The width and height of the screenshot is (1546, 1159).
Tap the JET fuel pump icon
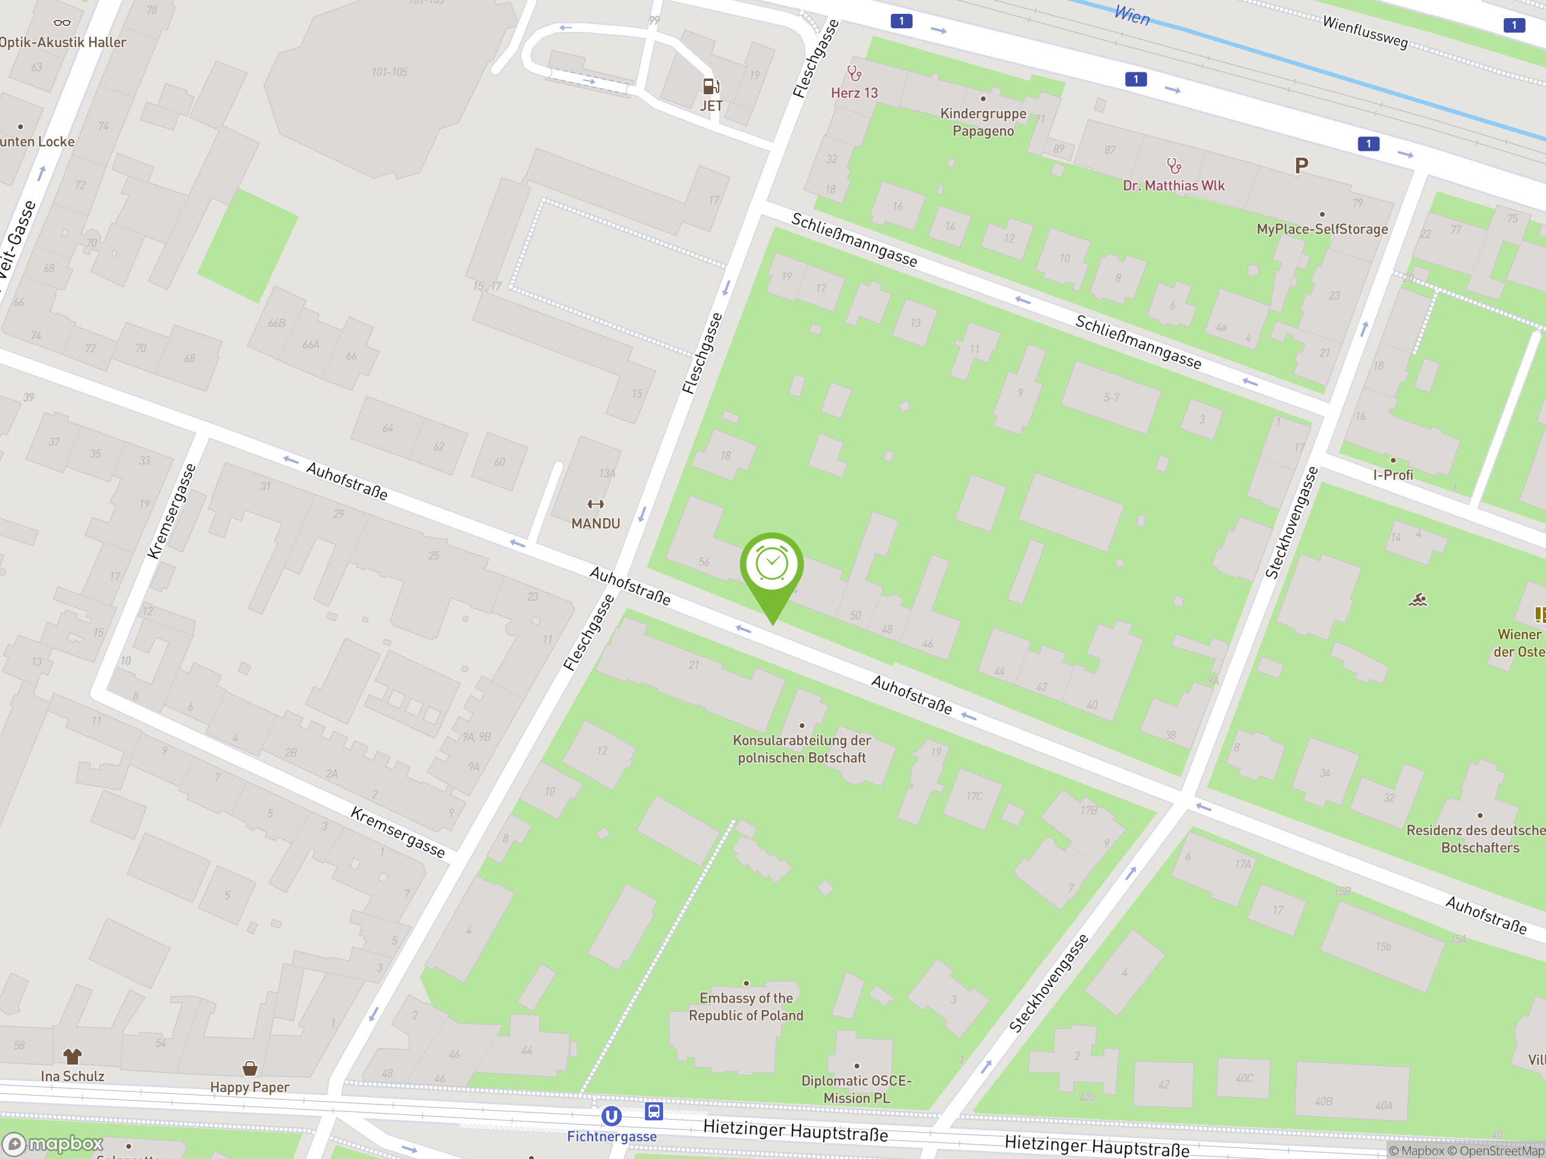click(711, 87)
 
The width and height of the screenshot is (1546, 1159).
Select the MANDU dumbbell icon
click(595, 503)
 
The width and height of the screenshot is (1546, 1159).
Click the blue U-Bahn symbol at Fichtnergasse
click(611, 1116)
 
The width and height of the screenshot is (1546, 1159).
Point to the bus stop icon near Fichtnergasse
click(653, 1111)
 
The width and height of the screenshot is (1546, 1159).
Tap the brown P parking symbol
click(1301, 166)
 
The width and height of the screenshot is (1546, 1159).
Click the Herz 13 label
click(854, 93)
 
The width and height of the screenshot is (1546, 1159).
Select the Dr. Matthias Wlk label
click(1173, 186)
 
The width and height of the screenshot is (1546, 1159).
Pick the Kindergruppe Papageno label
click(983, 123)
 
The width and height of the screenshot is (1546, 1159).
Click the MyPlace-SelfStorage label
click(1321, 229)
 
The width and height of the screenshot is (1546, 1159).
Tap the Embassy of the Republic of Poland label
click(746, 1007)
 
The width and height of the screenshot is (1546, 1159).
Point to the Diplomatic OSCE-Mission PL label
click(856, 1089)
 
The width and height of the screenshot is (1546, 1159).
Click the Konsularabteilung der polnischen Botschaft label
click(801, 749)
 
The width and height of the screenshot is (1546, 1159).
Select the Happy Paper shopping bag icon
click(249, 1069)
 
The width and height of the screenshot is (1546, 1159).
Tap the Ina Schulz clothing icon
click(72, 1056)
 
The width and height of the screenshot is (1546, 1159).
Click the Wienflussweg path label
click(1364, 32)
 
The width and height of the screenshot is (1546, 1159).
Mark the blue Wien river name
click(1132, 14)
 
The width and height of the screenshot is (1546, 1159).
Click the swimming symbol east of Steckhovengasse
click(1417, 600)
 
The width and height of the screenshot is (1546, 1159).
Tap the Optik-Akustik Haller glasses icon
click(62, 23)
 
